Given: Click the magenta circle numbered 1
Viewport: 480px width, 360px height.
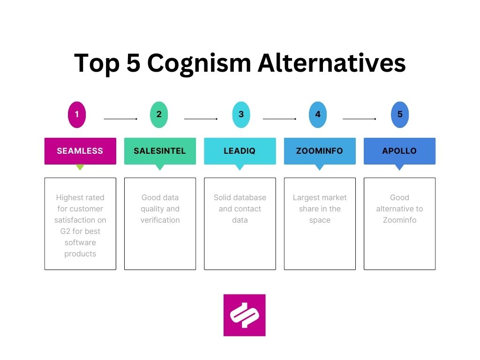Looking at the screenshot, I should [x=77, y=114].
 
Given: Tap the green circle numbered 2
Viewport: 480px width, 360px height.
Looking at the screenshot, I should [x=159, y=114].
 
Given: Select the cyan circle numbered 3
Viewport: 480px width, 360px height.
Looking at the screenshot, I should [x=241, y=114].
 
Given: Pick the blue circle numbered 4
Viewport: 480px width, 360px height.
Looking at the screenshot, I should [x=318, y=114].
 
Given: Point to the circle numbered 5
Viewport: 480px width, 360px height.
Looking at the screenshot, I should [x=400, y=114].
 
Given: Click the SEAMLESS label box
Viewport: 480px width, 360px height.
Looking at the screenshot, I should [x=80, y=151].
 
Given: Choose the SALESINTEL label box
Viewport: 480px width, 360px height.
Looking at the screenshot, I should [x=160, y=151].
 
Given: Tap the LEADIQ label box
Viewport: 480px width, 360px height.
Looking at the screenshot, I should [x=240, y=151].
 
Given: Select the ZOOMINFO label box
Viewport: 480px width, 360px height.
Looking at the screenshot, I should [x=320, y=151].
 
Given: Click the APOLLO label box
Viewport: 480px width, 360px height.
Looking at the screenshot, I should [x=400, y=151].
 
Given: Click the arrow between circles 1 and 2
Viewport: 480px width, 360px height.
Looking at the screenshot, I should [x=120, y=119].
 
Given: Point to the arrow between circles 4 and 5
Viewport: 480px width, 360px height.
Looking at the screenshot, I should [x=360, y=119].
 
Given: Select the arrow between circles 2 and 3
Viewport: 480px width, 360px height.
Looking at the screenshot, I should [x=201, y=119].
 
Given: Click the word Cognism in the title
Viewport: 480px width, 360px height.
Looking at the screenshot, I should [x=199, y=63].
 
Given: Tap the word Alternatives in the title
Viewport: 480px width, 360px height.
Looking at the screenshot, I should [x=331, y=63].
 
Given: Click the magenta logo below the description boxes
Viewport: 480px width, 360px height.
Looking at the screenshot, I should [x=244, y=315].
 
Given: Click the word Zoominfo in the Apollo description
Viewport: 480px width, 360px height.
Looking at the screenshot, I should [x=400, y=220].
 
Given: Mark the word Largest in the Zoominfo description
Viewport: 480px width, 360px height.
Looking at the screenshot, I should [x=307, y=197].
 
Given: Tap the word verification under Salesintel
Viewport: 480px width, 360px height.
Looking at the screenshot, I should [x=160, y=220].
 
